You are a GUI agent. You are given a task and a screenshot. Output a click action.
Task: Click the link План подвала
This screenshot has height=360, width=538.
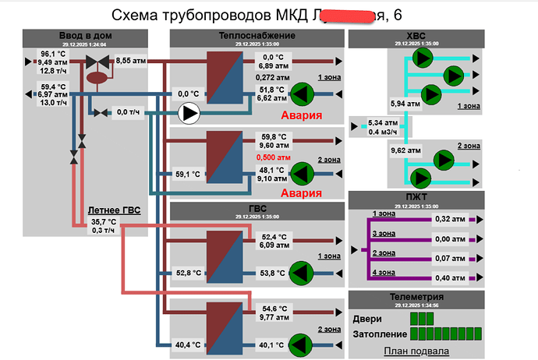pyautogui.click(x=416, y=351)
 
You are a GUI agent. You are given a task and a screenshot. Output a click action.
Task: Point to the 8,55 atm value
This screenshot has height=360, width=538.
pyautogui.click(x=133, y=60)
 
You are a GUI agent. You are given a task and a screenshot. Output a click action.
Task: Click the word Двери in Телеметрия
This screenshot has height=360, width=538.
pyautogui.click(x=367, y=318)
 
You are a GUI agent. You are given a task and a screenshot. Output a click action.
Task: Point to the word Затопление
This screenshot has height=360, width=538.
pyautogui.click(x=379, y=334)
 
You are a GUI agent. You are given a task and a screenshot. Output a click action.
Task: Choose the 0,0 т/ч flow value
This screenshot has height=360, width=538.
pyautogui.click(x=128, y=113)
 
